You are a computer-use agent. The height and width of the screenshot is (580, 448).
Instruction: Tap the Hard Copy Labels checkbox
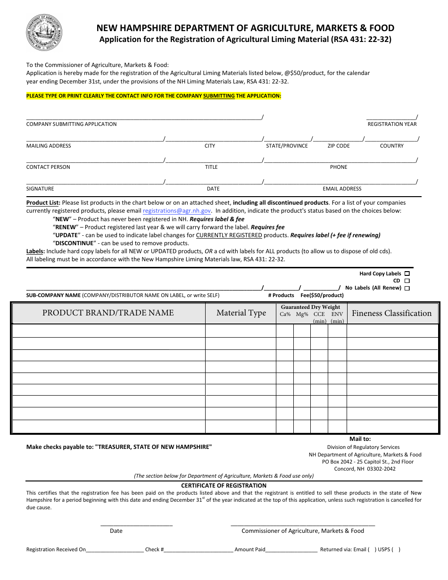pyautogui.click(x=407, y=273)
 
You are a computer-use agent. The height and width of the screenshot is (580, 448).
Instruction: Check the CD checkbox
pyautogui.click(x=407, y=281)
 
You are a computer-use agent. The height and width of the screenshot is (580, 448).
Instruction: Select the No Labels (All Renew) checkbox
pyautogui.click(x=407, y=288)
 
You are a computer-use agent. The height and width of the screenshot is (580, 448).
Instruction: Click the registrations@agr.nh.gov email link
pyautogui.click(x=177, y=211)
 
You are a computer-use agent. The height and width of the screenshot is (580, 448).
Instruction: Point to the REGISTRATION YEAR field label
pyautogui.click(x=392, y=124)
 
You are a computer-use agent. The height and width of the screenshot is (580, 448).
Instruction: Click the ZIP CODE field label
pyautogui.click(x=339, y=146)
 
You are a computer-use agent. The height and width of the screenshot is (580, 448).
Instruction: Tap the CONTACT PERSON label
pyautogui.click(x=48, y=167)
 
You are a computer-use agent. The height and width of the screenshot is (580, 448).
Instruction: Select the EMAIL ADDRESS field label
pyautogui.click(x=342, y=189)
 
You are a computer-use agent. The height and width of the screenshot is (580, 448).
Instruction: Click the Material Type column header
pyautogui.click(x=241, y=313)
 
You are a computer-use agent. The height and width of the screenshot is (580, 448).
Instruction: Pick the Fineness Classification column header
pyautogui.click(x=391, y=313)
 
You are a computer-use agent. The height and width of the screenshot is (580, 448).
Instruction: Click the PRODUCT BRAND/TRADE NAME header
pyautogui.click(x=108, y=313)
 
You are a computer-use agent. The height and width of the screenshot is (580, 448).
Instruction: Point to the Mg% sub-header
pyautogui.click(x=302, y=315)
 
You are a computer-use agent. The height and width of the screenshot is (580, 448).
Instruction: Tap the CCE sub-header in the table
pyautogui.click(x=319, y=315)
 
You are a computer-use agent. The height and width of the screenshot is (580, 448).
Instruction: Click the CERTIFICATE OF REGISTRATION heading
pyautogui.click(x=224, y=485)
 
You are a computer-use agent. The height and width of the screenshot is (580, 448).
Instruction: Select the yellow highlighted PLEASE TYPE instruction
pyautogui.click(x=153, y=96)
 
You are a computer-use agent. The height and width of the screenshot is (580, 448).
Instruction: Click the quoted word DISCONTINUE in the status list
pyautogui.click(x=75, y=243)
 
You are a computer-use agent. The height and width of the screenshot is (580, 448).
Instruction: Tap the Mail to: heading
pyautogui.click(x=360, y=439)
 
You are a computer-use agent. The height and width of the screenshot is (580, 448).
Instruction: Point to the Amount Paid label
pyautogui.click(x=250, y=549)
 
